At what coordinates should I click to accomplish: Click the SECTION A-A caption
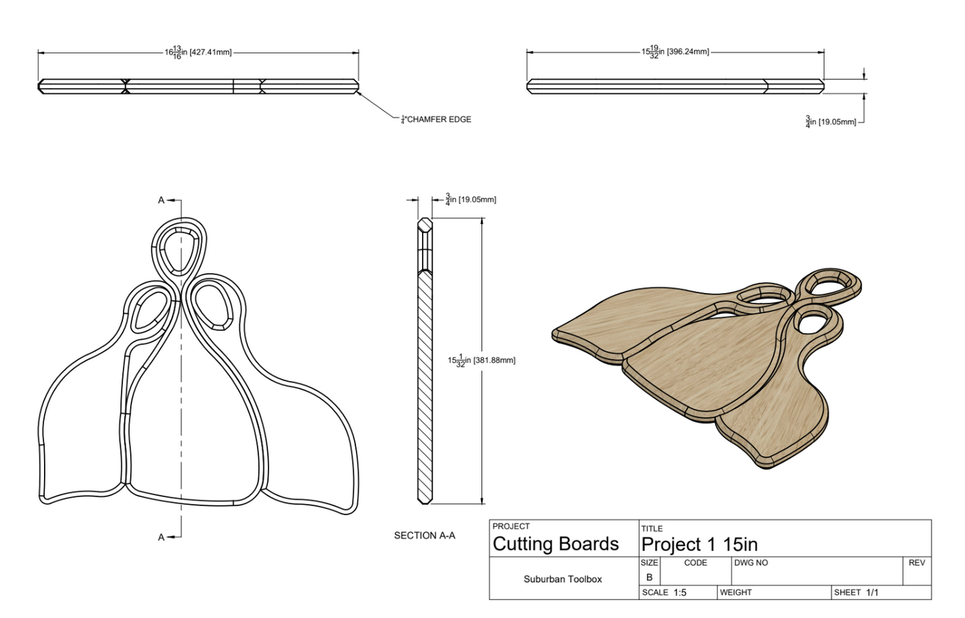[x=424, y=535]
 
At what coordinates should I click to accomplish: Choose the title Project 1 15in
[x=699, y=545]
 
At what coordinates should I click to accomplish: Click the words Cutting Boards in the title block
[x=556, y=544]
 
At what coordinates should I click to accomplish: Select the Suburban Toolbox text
[x=562, y=579]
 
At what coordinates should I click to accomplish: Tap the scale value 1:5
[x=680, y=593]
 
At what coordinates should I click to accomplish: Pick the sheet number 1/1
[x=872, y=593]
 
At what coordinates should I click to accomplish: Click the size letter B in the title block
[x=649, y=577]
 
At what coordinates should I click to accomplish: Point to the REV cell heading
[x=916, y=563]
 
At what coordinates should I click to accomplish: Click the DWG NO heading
[x=751, y=563]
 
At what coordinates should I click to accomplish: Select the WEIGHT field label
[x=735, y=593]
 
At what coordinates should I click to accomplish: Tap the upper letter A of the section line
[x=161, y=200]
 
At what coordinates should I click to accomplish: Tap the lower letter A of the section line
[x=161, y=537]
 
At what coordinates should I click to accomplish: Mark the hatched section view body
[x=425, y=387]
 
